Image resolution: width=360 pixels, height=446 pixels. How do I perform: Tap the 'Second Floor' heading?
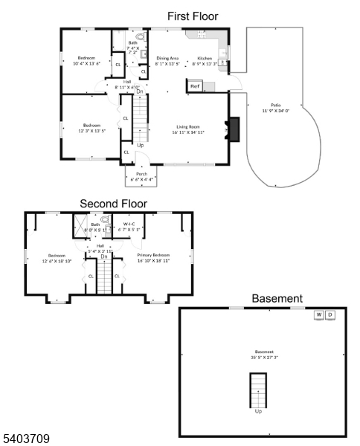click(x=113, y=203)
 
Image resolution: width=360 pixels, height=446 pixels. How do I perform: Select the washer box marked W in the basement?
click(x=319, y=315)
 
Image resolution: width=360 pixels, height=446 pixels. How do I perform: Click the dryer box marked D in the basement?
click(x=331, y=315)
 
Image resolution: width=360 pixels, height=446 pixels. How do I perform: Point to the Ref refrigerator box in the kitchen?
click(x=195, y=87)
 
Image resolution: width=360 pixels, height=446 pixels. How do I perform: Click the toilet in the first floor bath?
click(x=139, y=35)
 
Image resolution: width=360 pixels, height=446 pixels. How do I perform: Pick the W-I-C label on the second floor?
click(x=128, y=223)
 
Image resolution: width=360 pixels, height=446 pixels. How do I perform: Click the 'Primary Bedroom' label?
click(x=153, y=255)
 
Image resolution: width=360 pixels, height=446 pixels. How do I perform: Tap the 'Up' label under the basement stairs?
click(x=258, y=410)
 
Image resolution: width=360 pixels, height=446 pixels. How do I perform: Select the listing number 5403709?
click(x=25, y=439)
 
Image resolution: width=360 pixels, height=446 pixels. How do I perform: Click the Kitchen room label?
click(x=205, y=57)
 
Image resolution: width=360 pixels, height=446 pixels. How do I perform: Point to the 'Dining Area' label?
click(x=167, y=57)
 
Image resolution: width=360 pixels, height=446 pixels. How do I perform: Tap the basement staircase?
click(x=258, y=389)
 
